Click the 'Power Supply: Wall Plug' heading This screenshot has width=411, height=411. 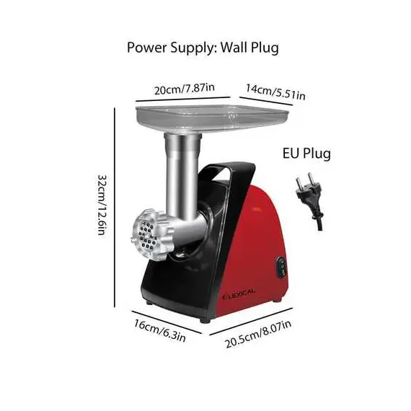point(203,48)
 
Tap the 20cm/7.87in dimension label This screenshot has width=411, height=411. point(185,89)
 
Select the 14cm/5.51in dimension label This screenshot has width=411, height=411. point(275,92)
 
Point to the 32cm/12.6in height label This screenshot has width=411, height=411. point(102,205)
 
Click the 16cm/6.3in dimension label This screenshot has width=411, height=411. point(160,330)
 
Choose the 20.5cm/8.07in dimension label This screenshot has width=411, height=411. point(258,334)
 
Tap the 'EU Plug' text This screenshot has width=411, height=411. point(306,154)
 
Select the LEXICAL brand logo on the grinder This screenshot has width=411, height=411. point(239,294)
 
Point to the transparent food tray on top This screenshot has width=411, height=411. point(212,118)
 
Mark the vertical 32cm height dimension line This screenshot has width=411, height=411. point(115,207)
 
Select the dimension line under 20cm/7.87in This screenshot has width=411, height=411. point(183,99)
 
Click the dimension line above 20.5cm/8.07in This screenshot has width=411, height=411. point(251,322)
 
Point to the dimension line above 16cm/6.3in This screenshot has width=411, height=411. point(167,322)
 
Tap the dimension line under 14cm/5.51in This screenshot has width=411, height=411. point(266,101)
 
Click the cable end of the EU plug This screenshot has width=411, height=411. point(319,229)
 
